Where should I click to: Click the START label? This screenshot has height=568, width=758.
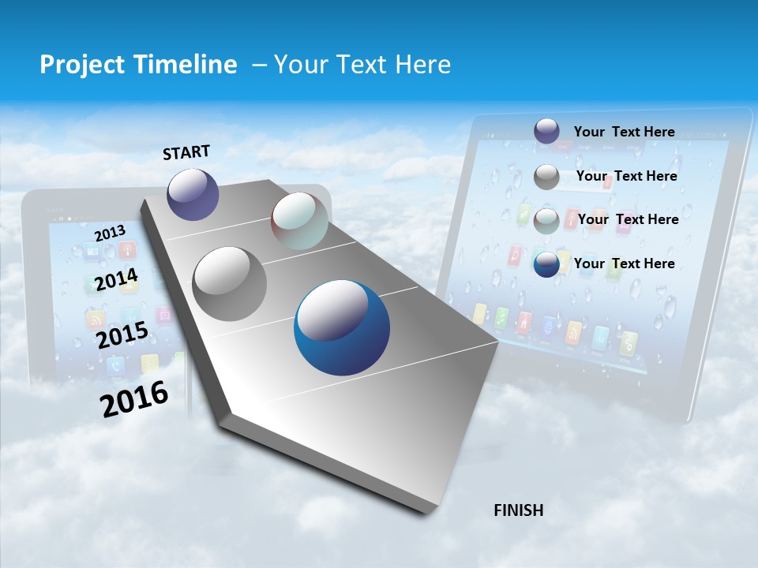coord(186,152)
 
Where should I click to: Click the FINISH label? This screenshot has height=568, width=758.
coord(518,510)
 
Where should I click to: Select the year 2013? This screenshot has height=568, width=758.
coord(110,234)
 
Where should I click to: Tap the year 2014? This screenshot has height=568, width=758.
coord(116,279)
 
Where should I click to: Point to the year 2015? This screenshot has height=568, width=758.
coord(122,334)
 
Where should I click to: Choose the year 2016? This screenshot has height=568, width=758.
coord(134,399)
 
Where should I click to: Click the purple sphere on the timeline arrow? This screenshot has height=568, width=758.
coord(193,194)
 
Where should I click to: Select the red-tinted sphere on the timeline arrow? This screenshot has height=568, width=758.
coord(299,221)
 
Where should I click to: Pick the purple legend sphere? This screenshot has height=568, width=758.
coord(546,131)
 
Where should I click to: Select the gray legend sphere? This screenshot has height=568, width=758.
coord(546,177)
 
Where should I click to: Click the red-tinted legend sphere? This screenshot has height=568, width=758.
coord(546,221)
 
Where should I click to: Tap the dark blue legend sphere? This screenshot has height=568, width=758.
coord(546,264)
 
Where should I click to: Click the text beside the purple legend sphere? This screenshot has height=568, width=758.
coord(624,132)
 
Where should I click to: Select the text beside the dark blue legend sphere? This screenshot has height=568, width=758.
coord(624,263)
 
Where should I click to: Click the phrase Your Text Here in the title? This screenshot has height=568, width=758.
coord(362,65)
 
